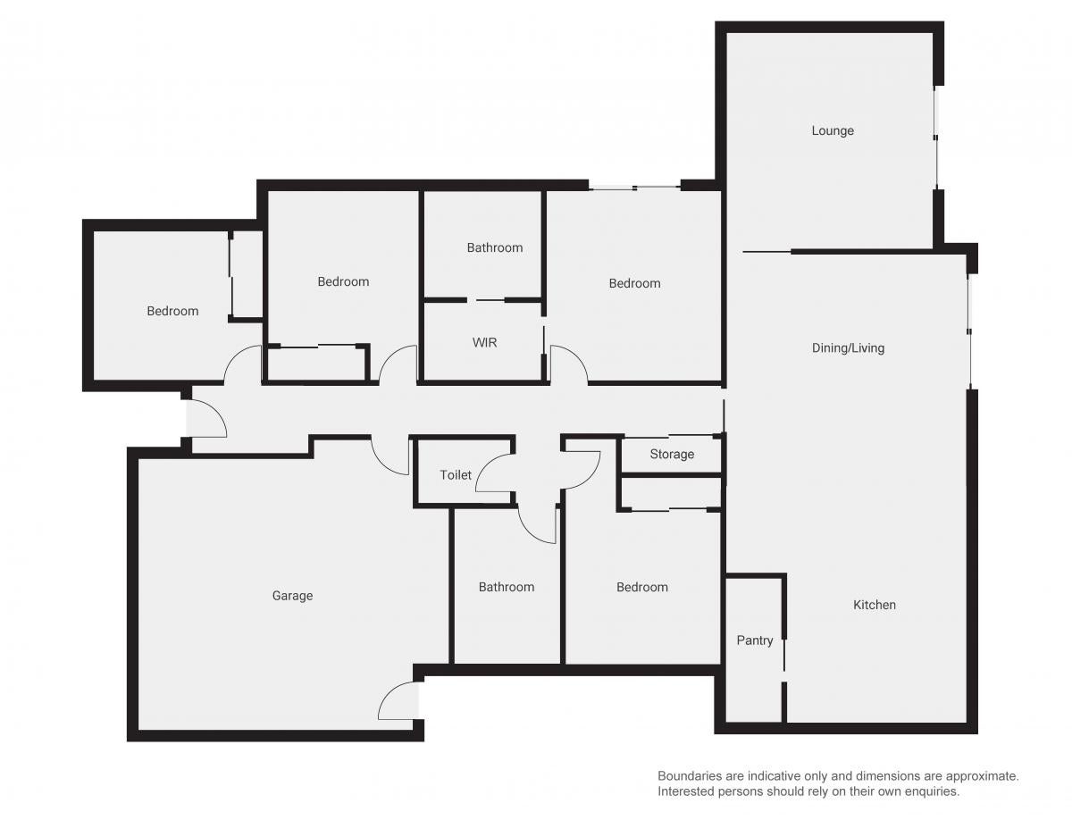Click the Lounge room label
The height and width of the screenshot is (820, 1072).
833,130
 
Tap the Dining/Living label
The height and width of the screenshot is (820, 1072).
848,347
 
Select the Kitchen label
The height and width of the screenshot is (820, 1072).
875,605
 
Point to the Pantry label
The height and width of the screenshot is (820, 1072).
755,640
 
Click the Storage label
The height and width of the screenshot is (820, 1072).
672,454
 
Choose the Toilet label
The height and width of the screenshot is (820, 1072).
456,474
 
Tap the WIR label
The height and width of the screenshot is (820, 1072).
484,342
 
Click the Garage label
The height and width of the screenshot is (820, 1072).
292,595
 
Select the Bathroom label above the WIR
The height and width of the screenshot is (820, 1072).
495,247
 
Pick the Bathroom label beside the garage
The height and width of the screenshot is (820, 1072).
507,587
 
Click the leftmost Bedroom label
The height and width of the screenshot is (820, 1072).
172,311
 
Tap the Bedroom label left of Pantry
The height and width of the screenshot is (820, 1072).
642,587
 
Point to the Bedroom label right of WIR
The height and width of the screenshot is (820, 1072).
634,283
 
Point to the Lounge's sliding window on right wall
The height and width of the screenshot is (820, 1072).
935,138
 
